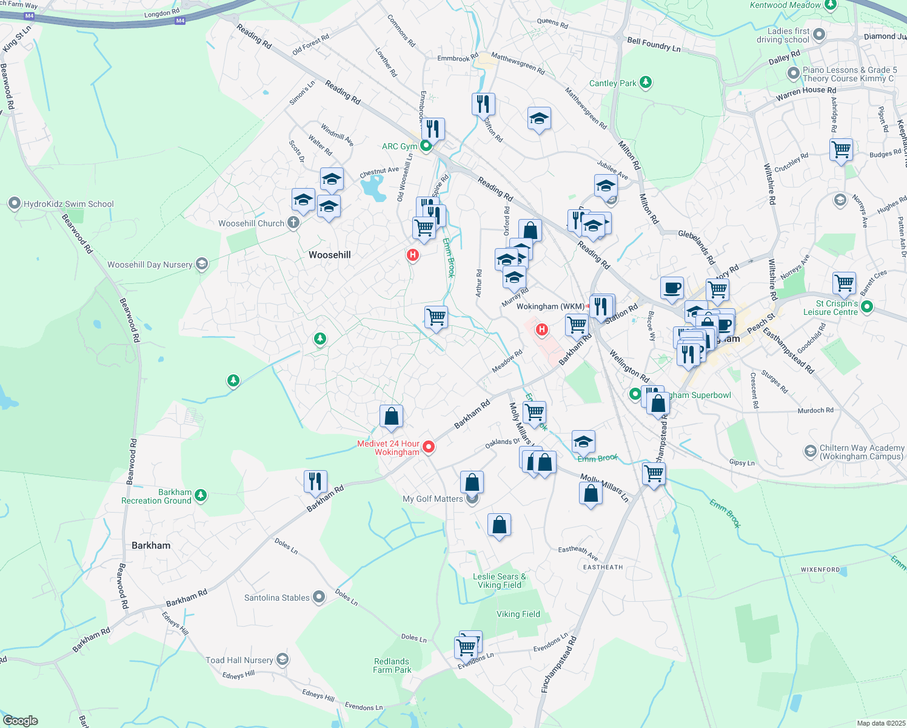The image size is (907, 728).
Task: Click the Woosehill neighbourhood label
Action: tap(329, 255)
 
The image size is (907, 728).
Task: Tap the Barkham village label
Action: tap(151, 545)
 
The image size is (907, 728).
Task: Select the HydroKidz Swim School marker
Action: tap(15, 204)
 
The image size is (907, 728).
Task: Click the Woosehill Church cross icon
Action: tap(293, 223)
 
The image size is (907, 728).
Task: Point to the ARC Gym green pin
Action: tap(426, 146)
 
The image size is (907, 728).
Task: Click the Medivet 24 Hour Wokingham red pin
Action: tap(429, 447)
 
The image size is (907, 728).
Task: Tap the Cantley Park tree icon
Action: tap(646, 83)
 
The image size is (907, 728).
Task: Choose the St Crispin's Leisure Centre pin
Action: tap(866, 307)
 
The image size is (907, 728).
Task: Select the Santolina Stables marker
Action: tap(319, 597)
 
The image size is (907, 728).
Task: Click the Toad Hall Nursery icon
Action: tap(282, 659)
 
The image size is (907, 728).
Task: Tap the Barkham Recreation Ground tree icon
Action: tap(200, 496)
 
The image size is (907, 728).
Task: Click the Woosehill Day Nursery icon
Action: tap(202, 264)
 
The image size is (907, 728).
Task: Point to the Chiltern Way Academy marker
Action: tap(811, 451)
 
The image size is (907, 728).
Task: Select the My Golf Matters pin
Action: tap(473, 499)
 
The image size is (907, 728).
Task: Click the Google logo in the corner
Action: tap(21, 721)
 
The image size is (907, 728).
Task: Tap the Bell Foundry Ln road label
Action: tap(654, 44)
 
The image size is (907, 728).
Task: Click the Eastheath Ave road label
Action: tap(578, 552)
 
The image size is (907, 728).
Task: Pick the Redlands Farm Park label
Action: tap(392, 666)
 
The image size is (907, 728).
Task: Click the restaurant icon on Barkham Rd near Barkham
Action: tap(315, 481)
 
